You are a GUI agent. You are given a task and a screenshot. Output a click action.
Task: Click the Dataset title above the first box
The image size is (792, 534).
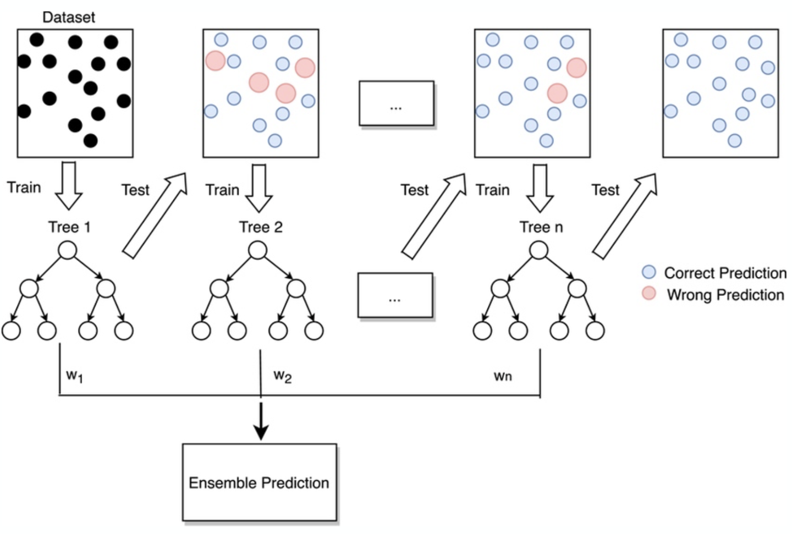68,17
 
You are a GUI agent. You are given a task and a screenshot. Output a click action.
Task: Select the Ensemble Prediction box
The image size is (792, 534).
259,482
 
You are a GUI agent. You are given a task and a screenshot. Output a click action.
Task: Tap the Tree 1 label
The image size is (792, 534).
69,227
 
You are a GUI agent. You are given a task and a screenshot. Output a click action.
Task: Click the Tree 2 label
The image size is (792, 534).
261,227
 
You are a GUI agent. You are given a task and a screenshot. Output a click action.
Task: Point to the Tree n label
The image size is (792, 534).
541,227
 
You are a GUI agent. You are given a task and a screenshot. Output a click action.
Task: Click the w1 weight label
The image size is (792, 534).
74,376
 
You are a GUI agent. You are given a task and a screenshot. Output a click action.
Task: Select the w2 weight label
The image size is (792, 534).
282,376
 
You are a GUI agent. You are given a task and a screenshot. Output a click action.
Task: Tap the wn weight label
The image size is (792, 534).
503,376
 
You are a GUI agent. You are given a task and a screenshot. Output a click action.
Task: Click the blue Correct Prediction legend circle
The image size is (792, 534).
649,272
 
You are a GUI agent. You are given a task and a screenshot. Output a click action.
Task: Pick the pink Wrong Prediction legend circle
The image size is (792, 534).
649,294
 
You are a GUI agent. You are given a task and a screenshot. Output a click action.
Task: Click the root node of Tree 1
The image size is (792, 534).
68,251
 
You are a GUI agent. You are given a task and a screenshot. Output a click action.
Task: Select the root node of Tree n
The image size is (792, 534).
538,251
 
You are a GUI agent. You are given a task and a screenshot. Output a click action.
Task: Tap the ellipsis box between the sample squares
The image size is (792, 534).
396,103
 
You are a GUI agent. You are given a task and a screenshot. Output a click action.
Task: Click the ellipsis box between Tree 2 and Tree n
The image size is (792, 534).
395,295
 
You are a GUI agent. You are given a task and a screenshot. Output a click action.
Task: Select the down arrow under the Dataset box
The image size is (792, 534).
69,186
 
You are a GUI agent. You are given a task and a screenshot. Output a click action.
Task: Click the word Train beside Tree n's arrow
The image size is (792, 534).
492,190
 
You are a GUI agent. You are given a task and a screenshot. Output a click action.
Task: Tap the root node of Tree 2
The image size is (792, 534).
257,251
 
